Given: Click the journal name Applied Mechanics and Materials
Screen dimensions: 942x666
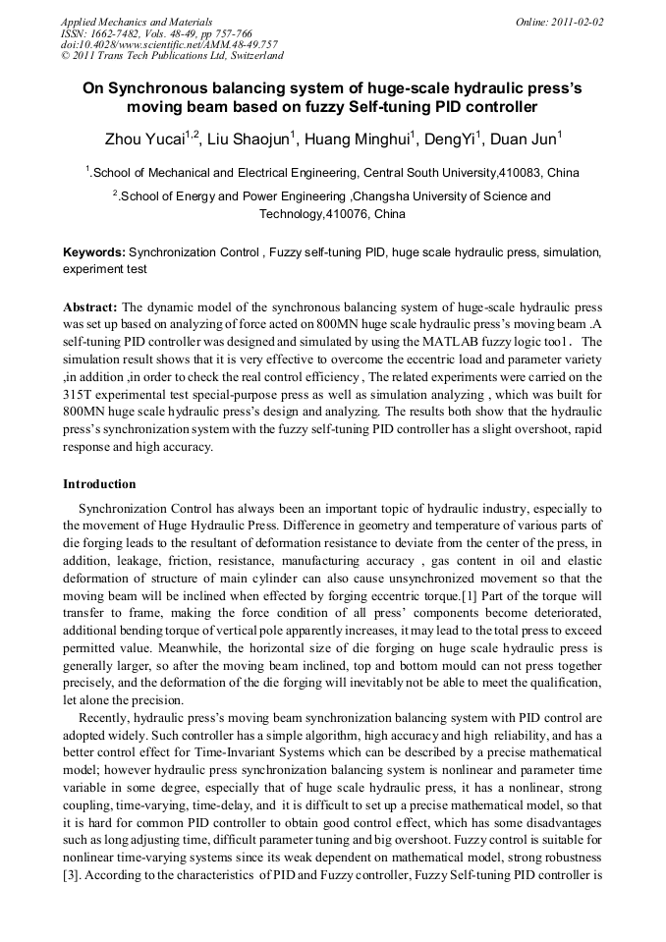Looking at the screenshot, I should [137, 22].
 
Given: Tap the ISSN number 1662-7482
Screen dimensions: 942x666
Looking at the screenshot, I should [118, 33].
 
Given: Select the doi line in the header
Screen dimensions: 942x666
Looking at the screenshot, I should [169, 44].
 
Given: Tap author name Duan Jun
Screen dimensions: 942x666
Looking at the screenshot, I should [526, 138].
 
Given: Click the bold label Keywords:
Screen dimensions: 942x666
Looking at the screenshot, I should [94, 252].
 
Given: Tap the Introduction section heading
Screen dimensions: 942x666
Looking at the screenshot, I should [99, 484].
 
